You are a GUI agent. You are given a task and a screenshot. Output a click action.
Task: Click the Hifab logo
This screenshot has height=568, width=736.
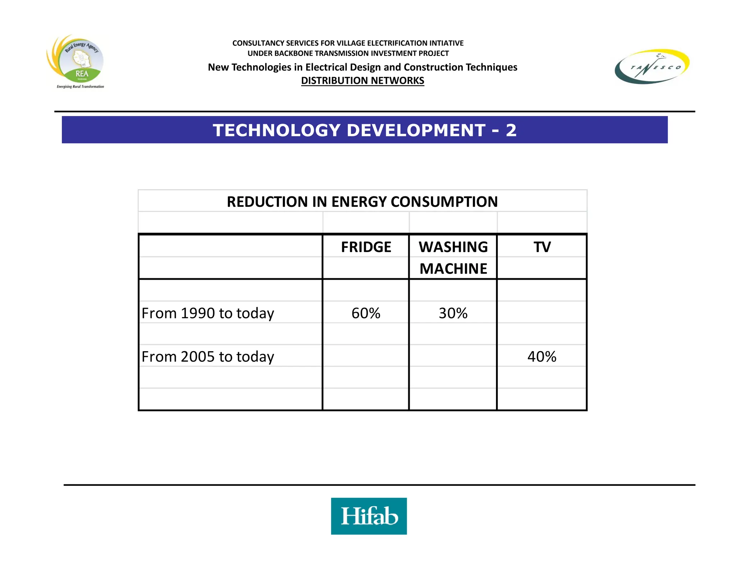369,516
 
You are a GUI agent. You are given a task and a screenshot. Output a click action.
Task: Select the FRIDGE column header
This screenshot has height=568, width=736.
366,247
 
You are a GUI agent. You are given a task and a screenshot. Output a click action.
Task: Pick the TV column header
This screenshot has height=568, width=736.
542,247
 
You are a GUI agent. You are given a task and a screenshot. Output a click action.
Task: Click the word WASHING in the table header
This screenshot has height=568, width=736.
453,247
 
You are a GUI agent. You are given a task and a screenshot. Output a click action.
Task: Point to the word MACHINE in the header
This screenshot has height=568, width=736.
453,269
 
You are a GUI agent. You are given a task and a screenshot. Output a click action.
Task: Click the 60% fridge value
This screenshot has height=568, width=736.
366,313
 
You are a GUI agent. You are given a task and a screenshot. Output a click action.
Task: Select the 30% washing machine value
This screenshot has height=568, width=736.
453,313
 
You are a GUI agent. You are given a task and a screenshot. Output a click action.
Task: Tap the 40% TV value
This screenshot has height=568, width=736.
542,357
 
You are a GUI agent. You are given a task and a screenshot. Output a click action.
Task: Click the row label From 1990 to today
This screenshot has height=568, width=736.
208,313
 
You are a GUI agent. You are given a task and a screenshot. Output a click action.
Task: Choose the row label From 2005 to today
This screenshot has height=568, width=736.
208,357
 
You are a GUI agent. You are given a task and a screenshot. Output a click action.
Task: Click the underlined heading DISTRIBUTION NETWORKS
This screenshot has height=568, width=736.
363,80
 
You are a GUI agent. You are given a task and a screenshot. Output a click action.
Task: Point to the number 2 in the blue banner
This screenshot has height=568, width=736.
511,130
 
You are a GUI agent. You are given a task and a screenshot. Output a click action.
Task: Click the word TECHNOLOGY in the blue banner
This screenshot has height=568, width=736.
276,130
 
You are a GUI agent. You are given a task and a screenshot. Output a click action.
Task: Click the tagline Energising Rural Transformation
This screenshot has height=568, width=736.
80,87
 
